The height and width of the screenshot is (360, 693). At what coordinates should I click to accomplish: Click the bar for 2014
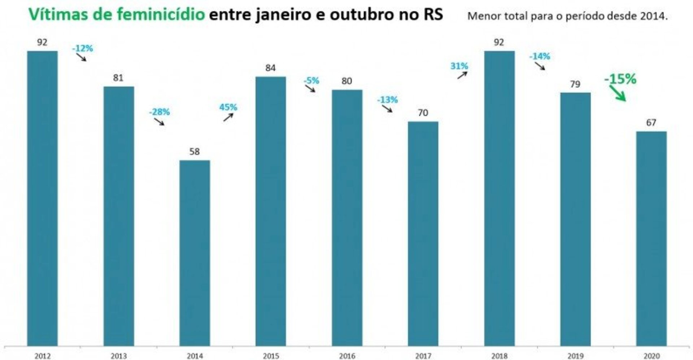(195, 253)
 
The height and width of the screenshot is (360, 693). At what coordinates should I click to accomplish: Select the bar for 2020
(651, 238)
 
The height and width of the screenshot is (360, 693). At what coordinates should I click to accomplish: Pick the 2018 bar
(499, 198)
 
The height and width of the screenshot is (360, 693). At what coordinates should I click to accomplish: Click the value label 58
(195, 152)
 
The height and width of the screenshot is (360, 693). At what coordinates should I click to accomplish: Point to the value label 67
(651, 123)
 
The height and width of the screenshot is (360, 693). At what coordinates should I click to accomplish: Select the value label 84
(270, 68)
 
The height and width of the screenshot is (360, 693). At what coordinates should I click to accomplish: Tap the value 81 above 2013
(118, 78)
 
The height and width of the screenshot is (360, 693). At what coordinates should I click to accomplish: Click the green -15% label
(620, 79)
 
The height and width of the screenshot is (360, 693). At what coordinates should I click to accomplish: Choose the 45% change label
(228, 107)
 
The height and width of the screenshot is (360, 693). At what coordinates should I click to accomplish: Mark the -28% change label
(159, 112)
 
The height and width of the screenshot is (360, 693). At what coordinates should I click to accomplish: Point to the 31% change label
(459, 66)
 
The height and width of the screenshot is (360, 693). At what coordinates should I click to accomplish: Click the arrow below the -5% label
(310, 89)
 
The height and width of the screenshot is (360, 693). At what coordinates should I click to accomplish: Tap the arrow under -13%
(387, 109)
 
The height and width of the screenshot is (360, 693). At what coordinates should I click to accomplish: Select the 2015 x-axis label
(271, 356)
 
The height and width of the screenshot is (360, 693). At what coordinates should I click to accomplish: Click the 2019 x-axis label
(575, 356)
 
